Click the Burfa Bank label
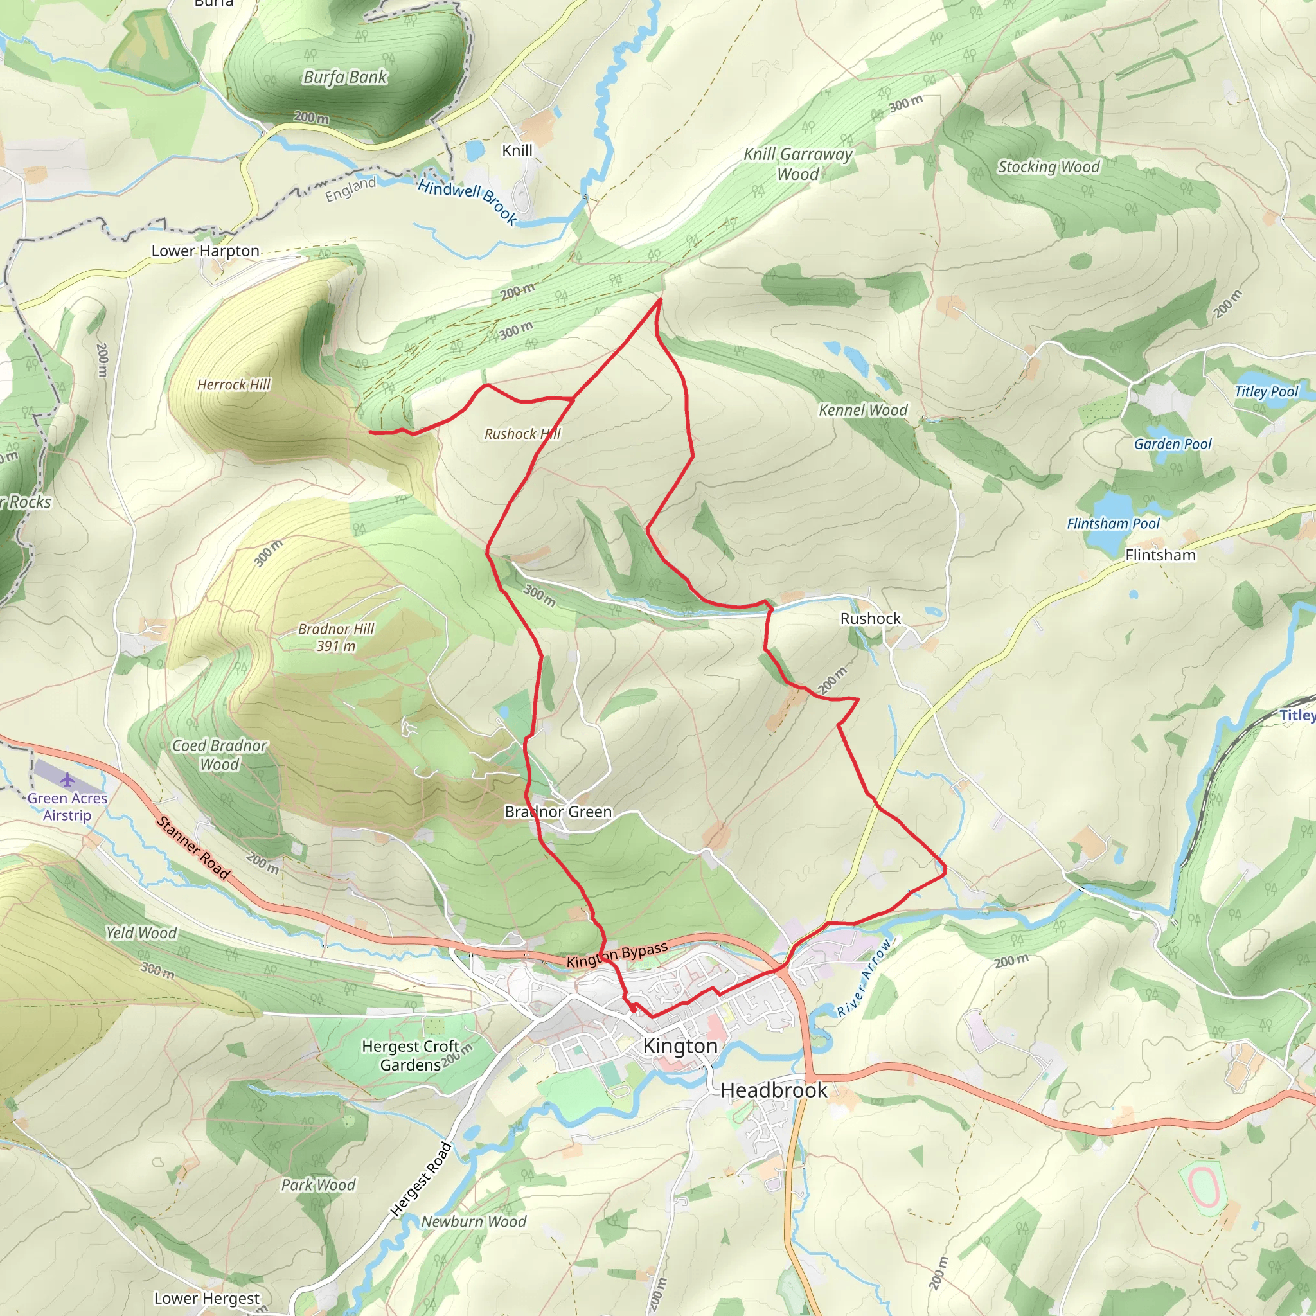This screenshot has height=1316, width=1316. coord(344,77)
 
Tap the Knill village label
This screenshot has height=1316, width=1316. coord(517,150)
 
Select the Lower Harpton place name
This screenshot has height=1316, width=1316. coord(205,251)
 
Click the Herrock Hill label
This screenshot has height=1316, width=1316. coord(234,385)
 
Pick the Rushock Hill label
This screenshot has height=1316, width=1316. coord(522,434)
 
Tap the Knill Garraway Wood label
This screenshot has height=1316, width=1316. coord(797,164)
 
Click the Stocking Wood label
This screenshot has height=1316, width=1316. coord(1048,167)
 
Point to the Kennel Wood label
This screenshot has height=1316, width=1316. coord(863,410)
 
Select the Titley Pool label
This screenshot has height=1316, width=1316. coord(1267,392)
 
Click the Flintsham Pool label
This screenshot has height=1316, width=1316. coord(1113,523)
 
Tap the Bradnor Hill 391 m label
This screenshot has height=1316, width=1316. coord(336,637)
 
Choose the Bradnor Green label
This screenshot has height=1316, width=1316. coord(558,812)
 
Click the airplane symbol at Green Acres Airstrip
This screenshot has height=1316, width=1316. coord(67,779)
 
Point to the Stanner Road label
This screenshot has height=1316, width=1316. coord(193,847)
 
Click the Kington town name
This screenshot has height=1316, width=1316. coord(680,1045)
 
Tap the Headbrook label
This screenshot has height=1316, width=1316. coord(774,1090)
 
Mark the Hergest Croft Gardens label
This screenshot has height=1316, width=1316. coord(410,1055)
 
